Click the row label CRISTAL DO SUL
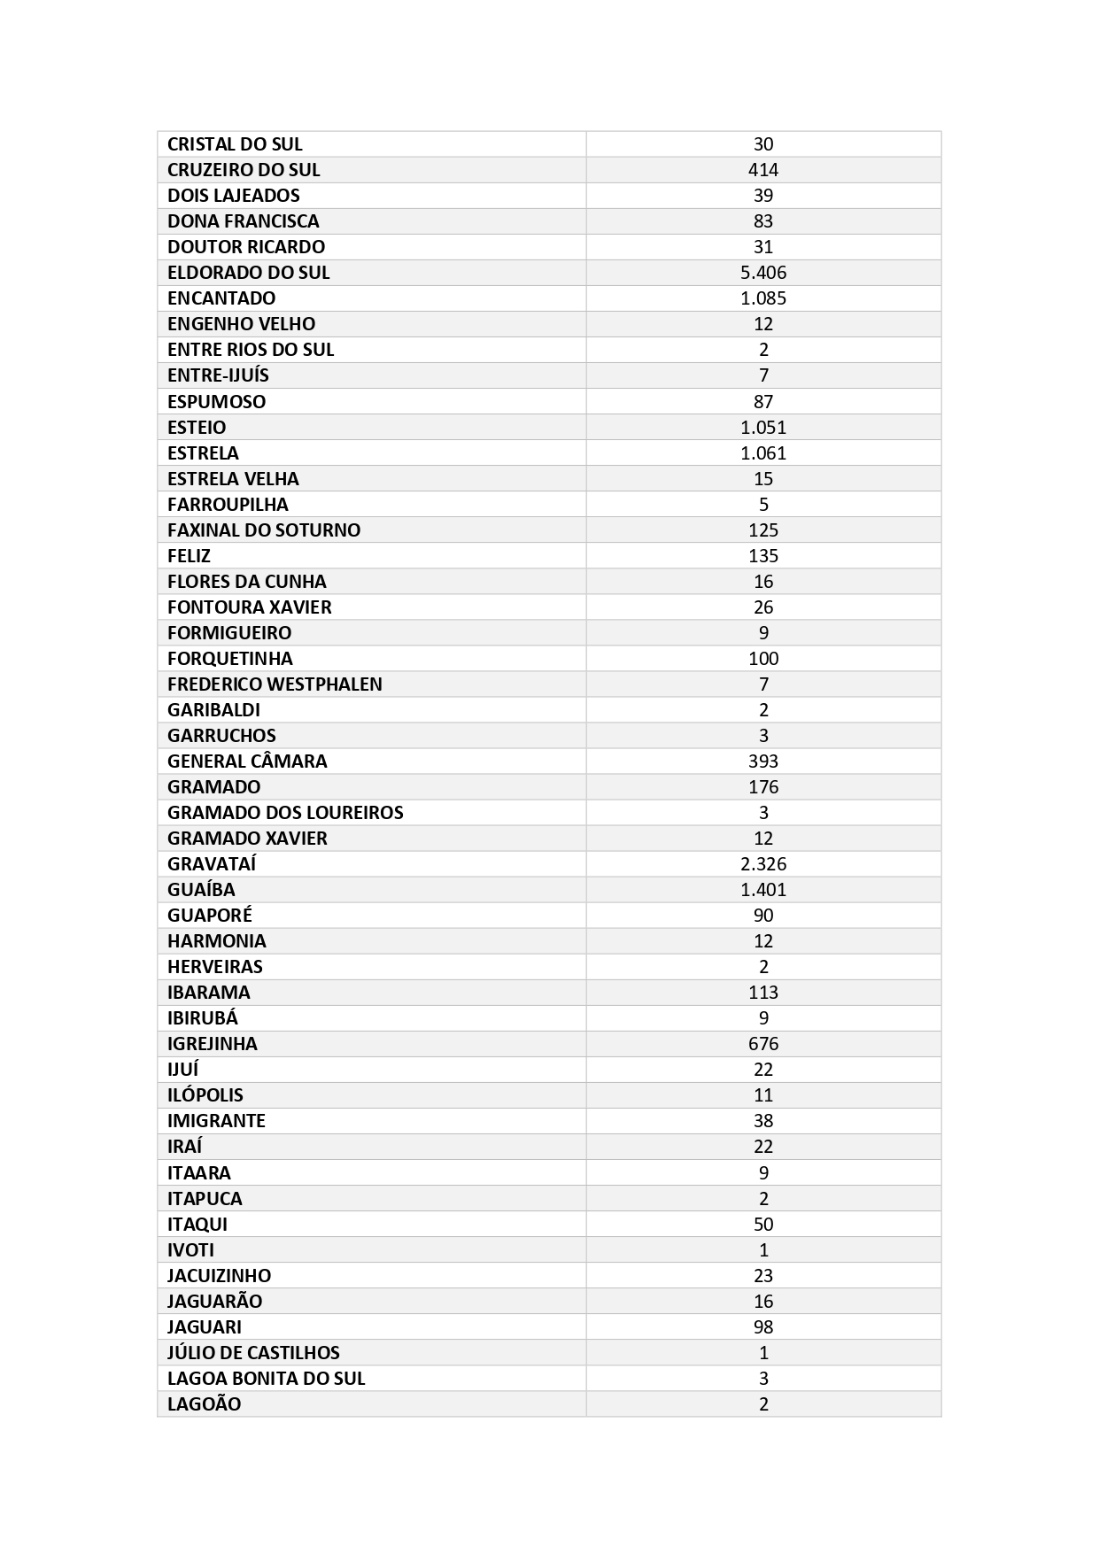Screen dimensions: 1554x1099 pyautogui.click(x=235, y=144)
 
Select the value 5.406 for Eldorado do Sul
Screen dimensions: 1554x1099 pyautogui.click(x=762, y=273)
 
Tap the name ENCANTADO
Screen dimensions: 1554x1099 pyautogui.click(x=221, y=298)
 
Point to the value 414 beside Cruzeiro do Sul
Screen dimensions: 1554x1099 pyautogui.click(x=762, y=170)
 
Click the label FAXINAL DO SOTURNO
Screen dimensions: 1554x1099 pyautogui.click(x=264, y=530)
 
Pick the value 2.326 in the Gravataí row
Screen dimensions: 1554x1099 pyautogui.click(x=762, y=864)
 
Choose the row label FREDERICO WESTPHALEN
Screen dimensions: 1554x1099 pyautogui.click(x=275, y=684)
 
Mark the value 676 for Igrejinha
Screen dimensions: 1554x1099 pyautogui.click(x=762, y=1044)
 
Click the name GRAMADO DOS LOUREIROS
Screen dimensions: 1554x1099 pyautogui.click(x=285, y=813)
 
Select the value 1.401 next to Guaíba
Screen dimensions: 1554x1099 pyautogui.click(x=762, y=890)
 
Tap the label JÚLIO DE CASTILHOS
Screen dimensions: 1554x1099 pyautogui.click(x=253, y=1353)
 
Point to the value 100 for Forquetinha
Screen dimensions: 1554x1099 pyautogui.click(x=762, y=659)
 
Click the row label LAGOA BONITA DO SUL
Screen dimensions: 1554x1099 pyautogui.click(x=266, y=1379)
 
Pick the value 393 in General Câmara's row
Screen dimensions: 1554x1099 pyautogui.click(x=762, y=762)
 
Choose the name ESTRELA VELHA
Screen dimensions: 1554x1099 pyautogui.click(x=233, y=479)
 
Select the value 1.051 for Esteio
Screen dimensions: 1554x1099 pyautogui.click(x=762, y=428)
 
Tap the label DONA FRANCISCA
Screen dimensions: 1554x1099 pyautogui.click(x=243, y=221)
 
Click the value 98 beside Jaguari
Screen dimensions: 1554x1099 pyautogui.click(x=762, y=1327)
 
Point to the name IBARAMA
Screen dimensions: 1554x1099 pyautogui.click(x=209, y=993)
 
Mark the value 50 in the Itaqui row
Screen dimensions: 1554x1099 pyautogui.click(x=762, y=1225)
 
